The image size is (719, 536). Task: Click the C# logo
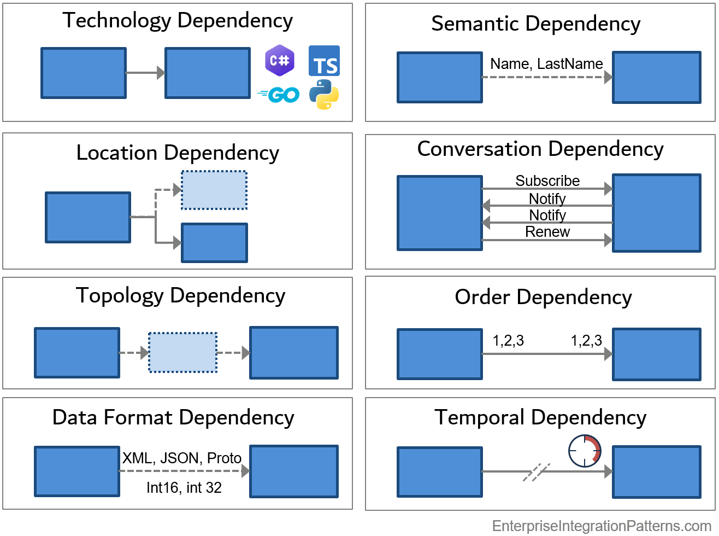point(279,60)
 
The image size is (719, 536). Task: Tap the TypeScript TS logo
point(324,61)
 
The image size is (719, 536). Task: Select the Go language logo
point(279,95)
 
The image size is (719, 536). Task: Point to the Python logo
point(324,95)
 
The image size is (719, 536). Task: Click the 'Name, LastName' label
point(546,64)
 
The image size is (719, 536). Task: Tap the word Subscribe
point(547,181)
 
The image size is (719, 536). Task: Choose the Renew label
point(547,232)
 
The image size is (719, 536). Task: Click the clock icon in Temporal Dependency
point(585,451)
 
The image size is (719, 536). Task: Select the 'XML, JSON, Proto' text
point(182,458)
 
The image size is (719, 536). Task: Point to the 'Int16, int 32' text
point(184,488)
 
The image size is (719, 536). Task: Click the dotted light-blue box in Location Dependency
point(214,190)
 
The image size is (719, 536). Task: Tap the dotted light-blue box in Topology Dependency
point(183,353)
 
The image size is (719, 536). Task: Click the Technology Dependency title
point(178,21)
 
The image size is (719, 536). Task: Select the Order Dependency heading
point(543,298)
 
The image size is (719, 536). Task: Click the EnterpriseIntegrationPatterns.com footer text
point(602,526)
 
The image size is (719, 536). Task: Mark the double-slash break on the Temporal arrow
point(537,472)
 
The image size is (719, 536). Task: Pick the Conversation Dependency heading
point(540,150)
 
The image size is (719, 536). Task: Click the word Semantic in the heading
point(475,24)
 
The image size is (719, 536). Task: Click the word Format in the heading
point(138,417)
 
